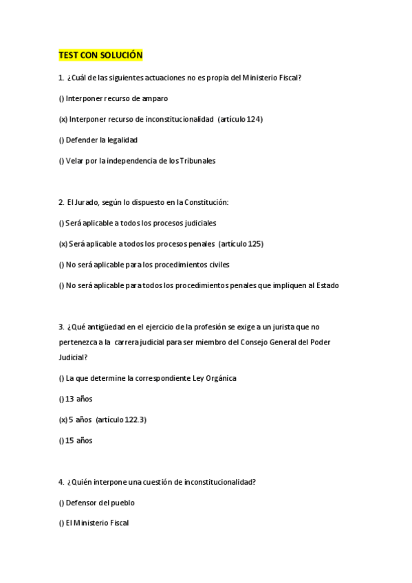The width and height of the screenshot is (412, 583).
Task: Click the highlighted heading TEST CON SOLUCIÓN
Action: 100,55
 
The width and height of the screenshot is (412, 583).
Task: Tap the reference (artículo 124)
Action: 240,119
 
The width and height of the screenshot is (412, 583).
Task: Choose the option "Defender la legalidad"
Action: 101,140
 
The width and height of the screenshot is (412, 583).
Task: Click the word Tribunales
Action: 197,161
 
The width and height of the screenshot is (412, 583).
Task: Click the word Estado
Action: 326,285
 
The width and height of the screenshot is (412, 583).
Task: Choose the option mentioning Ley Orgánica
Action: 151,378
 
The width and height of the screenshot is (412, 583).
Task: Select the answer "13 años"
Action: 78,399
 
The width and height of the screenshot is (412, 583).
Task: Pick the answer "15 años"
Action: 78,440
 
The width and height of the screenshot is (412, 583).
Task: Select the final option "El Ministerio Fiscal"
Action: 97,523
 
